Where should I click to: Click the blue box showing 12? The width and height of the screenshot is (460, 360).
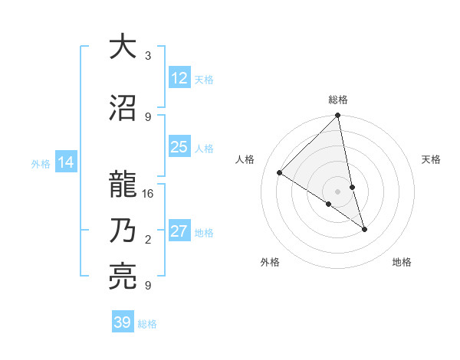179,78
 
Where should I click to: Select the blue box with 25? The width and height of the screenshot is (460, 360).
179,147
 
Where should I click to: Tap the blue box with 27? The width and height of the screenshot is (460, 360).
179,232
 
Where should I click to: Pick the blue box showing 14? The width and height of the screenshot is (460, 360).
65,162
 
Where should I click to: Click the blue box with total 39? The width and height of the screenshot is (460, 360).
122,322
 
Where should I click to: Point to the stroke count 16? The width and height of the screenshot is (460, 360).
148,194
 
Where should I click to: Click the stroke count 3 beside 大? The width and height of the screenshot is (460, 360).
148,56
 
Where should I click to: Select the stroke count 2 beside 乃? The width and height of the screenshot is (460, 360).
148,240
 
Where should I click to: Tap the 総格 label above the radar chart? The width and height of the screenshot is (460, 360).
337,100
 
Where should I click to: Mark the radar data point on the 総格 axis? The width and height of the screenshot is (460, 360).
337,116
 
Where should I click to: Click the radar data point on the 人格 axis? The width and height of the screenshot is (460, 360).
280,173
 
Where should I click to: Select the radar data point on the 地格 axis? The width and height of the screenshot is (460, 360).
364,229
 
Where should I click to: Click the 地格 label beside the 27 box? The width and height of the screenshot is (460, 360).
204,233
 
